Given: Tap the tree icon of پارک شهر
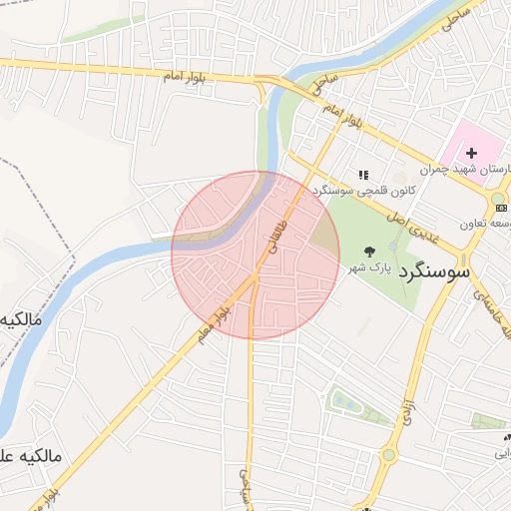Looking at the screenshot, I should (x=371, y=253).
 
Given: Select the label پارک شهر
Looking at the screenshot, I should (x=366, y=270).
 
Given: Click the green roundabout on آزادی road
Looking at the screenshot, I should (x=388, y=455).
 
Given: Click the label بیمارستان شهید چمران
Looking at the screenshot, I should (x=469, y=171).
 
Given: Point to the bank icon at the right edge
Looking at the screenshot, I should (x=501, y=208).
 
